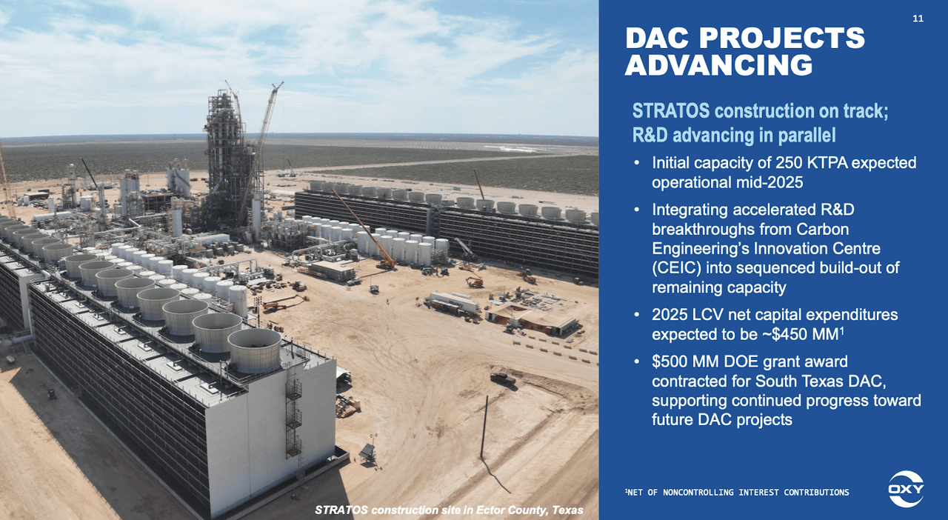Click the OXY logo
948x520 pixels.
[906, 489]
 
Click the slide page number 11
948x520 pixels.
[918, 19]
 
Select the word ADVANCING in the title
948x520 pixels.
[718, 65]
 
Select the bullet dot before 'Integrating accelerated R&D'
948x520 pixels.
[638, 210]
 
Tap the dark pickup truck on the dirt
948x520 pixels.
[502, 379]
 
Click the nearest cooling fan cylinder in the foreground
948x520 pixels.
[254, 350]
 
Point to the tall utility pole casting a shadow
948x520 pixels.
[485, 426]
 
